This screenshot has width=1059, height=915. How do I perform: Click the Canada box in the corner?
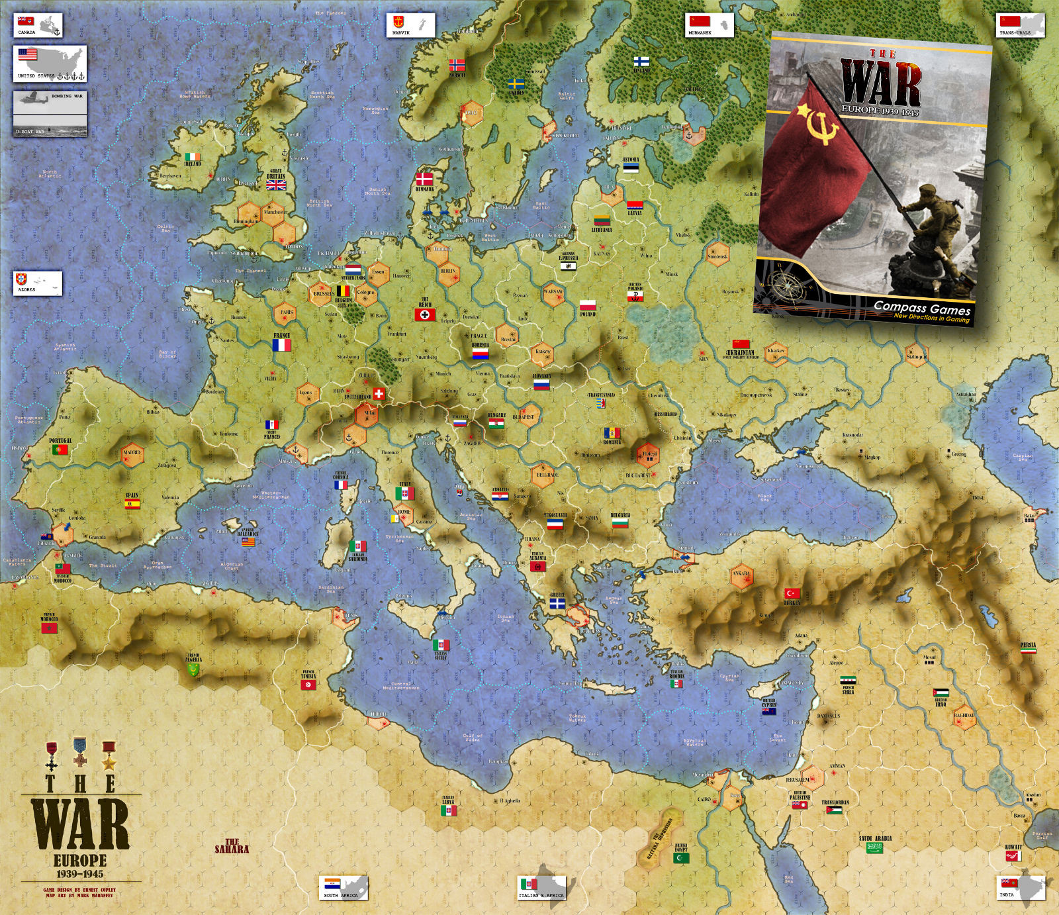(x=38, y=25)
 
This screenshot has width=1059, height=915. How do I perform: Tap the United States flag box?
(x=50, y=63)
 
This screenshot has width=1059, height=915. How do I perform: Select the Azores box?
(x=38, y=283)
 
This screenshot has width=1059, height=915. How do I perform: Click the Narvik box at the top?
(x=410, y=24)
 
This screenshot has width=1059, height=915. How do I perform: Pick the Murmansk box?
(x=710, y=24)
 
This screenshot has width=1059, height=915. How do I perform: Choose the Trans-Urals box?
(x=1021, y=24)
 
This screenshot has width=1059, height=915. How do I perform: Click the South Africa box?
(x=343, y=887)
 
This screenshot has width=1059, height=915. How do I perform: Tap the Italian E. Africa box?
(x=541, y=887)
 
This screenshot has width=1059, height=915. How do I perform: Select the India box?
(x=1021, y=887)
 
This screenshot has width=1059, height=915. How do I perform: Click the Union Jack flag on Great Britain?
(x=275, y=185)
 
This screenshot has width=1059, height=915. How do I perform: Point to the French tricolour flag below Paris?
(x=281, y=345)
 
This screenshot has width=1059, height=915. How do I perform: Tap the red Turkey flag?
(x=792, y=593)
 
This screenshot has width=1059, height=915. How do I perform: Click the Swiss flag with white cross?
(x=379, y=394)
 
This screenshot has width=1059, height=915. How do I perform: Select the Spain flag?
(x=132, y=504)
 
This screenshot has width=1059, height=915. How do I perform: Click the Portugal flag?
(x=60, y=450)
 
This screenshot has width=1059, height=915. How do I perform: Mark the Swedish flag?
(x=516, y=84)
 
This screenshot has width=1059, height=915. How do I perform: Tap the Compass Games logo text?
(x=922, y=308)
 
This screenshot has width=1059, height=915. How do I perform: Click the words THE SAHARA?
(x=232, y=845)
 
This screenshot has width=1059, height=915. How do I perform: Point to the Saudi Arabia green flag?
(x=875, y=848)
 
